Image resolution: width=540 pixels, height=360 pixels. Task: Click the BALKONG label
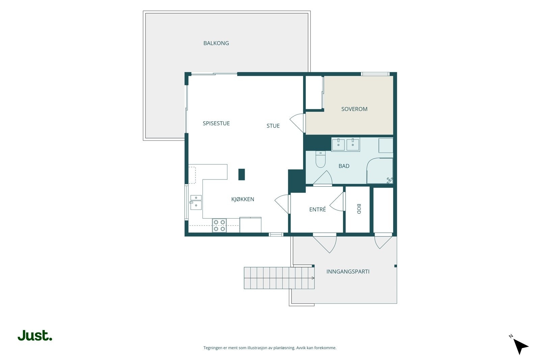(x=216, y=43)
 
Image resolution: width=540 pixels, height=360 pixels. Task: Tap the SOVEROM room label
(x=354, y=109)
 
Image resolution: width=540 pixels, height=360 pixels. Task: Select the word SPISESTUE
(x=216, y=123)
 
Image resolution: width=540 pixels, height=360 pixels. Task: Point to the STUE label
(x=273, y=126)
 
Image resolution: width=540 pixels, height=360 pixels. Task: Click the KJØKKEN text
(x=243, y=199)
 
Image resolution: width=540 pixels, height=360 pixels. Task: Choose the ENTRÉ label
(x=317, y=209)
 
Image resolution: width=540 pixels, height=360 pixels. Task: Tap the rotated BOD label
(x=358, y=209)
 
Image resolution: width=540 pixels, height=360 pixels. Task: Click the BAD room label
(x=344, y=166)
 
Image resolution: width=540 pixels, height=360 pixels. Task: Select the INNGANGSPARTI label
(x=348, y=271)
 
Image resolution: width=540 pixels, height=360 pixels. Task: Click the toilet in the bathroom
(x=320, y=159)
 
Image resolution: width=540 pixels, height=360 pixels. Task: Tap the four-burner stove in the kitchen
(x=219, y=225)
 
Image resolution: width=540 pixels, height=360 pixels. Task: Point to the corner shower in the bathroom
(x=380, y=171)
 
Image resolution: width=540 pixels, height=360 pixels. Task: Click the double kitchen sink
(x=196, y=202)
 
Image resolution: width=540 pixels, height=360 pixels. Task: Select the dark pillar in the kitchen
(x=242, y=174)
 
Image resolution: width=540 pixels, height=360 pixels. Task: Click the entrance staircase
(x=279, y=278)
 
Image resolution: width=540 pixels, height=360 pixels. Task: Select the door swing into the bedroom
(x=297, y=123)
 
